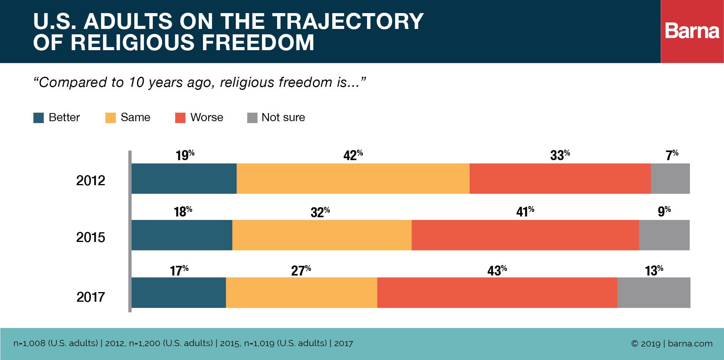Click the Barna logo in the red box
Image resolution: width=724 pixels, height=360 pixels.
click(x=692, y=31)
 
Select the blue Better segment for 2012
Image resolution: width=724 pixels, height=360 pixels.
click(x=184, y=178)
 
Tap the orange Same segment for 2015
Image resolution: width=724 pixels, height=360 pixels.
click(x=322, y=235)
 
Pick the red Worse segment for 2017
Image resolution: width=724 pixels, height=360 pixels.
click(x=497, y=292)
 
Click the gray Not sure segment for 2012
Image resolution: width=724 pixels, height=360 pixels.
click(x=670, y=178)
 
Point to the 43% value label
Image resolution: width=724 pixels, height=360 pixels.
click(x=497, y=270)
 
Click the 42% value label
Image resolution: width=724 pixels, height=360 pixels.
click(x=353, y=155)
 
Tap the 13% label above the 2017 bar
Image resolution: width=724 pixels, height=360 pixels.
click(x=654, y=270)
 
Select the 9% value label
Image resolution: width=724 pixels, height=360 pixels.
click(x=664, y=211)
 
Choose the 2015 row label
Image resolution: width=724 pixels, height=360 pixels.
click(x=90, y=237)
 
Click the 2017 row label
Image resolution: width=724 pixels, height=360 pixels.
click(x=90, y=297)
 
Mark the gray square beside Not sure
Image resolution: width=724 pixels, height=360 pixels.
click(x=252, y=118)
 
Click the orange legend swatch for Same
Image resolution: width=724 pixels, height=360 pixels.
click(x=110, y=118)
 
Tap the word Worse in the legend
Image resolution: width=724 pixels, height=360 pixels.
click(x=206, y=117)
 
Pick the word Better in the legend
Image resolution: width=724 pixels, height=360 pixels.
click(x=64, y=117)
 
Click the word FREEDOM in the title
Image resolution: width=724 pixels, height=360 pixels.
click(x=258, y=42)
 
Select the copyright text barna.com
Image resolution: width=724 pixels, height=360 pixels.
click(x=690, y=343)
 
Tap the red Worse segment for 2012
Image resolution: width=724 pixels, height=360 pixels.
click(x=560, y=178)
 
